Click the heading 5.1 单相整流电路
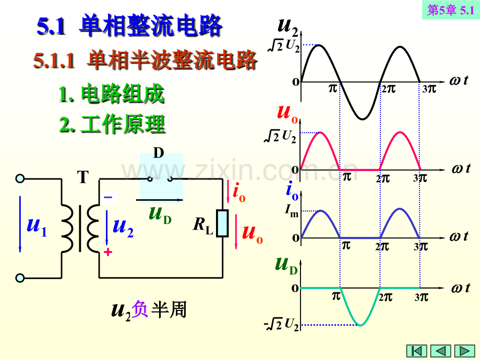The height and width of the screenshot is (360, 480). pyautogui.click(x=129, y=26)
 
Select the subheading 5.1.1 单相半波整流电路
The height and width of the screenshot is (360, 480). pyautogui.click(x=145, y=60)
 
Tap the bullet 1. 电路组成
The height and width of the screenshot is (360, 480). pyautogui.click(x=112, y=93)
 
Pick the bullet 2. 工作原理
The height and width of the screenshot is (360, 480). pyautogui.click(x=112, y=124)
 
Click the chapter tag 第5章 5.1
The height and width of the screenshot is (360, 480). pyautogui.click(x=451, y=10)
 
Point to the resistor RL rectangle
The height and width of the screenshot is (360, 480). pyautogui.click(x=222, y=223)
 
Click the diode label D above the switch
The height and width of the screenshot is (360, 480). pyautogui.click(x=159, y=153)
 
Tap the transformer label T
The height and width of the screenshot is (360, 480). pyautogui.click(x=83, y=177)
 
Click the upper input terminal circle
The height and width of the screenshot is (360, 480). pyautogui.click(x=20, y=178)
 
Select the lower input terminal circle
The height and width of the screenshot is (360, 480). pyautogui.click(x=20, y=278)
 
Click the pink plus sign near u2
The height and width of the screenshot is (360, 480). pyautogui.click(x=108, y=252)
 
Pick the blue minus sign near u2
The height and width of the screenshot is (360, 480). pyautogui.click(x=108, y=197)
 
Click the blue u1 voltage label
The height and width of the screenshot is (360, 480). pyautogui.click(x=37, y=226)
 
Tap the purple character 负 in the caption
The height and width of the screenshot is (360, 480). pyautogui.click(x=140, y=309)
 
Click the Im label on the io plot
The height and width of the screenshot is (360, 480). pyautogui.click(x=292, y=210)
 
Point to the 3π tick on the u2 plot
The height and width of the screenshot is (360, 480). pyautogui.click(x=429, y=89)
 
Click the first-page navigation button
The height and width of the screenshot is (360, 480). pyautogui.click(x=417, y=351)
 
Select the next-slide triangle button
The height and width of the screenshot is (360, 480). pyautogui.click(x=465, y=351)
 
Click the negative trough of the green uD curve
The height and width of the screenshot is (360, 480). pyautogui.click(x=361, y=325)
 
